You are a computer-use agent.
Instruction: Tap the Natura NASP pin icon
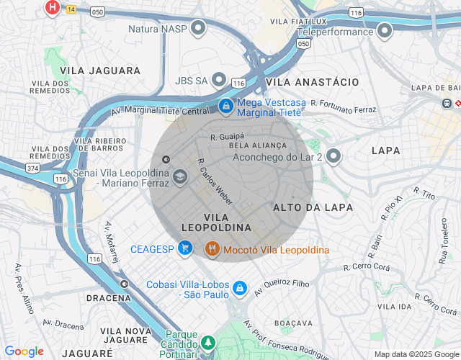tap(198, 30)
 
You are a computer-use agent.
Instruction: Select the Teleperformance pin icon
tap(385, 31)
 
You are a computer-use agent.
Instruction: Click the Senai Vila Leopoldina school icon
tap(179, 177)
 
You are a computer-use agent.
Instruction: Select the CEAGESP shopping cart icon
tap(186, 249)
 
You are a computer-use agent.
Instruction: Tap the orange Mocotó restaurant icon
tap(212, 249)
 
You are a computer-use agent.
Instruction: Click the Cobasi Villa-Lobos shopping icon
tap(240, 289)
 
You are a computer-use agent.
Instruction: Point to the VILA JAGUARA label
tap(100, 71)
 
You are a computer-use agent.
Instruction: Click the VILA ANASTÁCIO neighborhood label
tap(312, 83)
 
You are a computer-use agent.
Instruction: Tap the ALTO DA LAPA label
tap(313, 207)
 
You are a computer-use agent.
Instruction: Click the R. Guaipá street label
tap(228, 135)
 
